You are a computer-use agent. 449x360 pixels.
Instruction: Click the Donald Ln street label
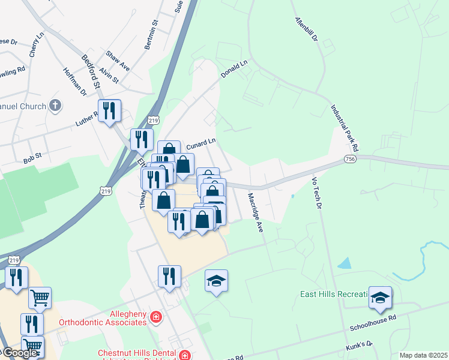(x=234, y=69)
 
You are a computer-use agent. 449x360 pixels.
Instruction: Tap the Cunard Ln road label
(x=200, y=144)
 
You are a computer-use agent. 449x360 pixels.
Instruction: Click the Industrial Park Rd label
(x=344, y=128)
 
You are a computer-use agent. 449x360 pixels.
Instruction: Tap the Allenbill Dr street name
(x=306, y=29)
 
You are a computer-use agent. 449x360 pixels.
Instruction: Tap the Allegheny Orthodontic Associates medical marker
(x=156, y=316)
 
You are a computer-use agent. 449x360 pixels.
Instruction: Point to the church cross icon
(x=55, y=106)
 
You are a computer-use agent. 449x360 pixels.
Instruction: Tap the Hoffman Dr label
(x=74, y=80)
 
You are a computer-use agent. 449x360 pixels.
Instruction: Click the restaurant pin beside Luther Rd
(x=109, y=111)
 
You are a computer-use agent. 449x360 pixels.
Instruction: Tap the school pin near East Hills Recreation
(x=379, y=298)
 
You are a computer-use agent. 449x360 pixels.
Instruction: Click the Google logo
(x=19, y=353)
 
